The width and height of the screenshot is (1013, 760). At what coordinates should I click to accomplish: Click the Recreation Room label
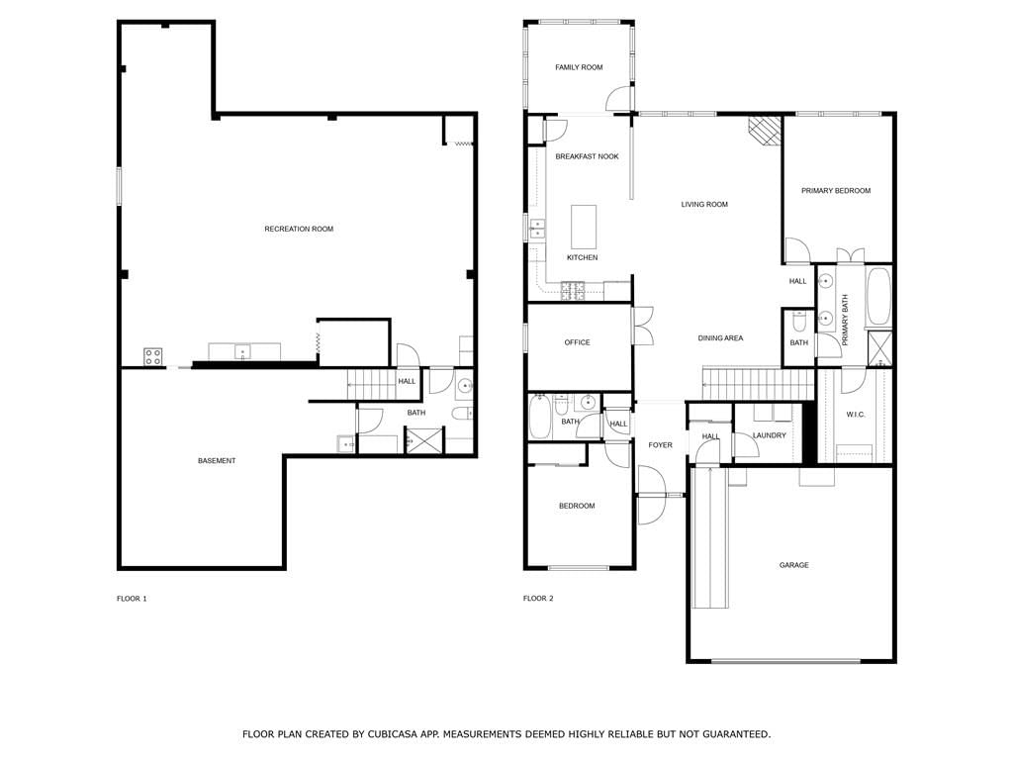tap(299, 229)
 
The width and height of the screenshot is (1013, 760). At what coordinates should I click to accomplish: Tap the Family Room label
tap(579, 67)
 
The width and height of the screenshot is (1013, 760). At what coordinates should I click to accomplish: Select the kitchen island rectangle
tap(584, 227)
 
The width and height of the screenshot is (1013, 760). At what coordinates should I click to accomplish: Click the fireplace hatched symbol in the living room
tap(765, 132)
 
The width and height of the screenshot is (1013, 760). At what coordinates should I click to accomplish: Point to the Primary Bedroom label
tap(836, 191)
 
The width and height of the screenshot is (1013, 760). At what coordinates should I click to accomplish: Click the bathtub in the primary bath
tap(878, 297)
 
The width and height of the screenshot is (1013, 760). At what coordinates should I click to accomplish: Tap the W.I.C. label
tap(856, 415)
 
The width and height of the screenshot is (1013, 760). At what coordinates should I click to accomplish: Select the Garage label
tap(794, 565)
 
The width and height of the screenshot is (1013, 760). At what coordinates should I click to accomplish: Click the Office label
tap(577, 342)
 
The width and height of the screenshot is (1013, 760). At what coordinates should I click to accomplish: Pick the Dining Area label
tap(720, 338)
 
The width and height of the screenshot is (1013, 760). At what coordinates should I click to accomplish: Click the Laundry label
tap(770, 435)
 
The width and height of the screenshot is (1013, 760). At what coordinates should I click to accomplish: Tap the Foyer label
tap(660, 445)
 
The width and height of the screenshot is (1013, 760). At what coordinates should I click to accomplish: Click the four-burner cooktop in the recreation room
tap(153, 356)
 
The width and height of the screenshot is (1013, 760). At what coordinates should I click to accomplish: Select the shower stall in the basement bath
tap(424, 439)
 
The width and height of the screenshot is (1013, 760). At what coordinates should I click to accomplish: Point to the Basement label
tap(217, 461)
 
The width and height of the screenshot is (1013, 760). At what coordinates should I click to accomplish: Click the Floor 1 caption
tap(132, 599)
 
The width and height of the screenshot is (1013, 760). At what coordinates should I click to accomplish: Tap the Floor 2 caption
tap(538, 599)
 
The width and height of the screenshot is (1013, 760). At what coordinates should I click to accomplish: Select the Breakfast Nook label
tap(588, 156)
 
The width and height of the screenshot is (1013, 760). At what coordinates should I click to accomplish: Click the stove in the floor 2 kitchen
tap(573, 291)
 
